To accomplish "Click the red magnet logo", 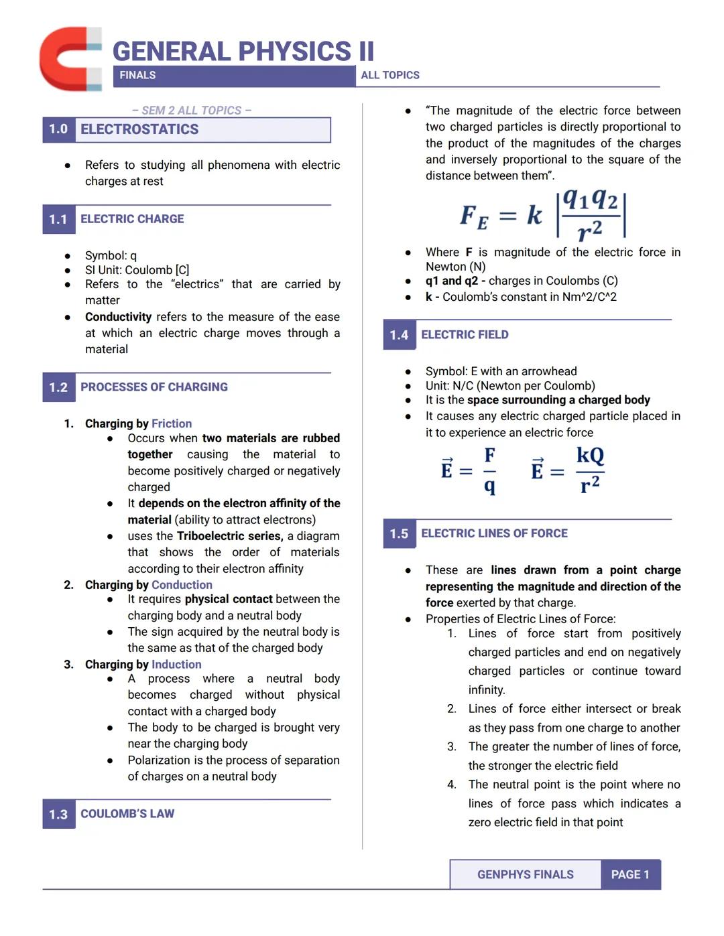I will [x=70, y=59].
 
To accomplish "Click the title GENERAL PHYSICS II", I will [x=243, y=52].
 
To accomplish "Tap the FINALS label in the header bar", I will [x=137, y=76].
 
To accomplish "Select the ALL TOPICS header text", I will [x=389, y=76].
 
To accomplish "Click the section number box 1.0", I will [x=58, y=129].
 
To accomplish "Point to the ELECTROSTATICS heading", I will [x=139, y=129].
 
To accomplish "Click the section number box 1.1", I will [x=58, y=219].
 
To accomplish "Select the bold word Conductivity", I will [x=118, y=317].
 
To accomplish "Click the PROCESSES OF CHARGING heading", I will [x=154, y=387].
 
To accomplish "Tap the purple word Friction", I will [x=172, y=423].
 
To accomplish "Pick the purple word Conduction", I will [x=182, y=585].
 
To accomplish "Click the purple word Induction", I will [x=176, y=665].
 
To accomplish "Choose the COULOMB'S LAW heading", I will [x=127, y=814].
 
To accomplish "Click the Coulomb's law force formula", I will [x=543, y=215].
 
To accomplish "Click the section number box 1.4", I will [x=399, y=335].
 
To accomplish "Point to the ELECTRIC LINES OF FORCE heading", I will [x=494, y=533].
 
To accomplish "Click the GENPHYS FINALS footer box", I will [x=525, y=875].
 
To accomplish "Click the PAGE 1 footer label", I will [x=630, y=875].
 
